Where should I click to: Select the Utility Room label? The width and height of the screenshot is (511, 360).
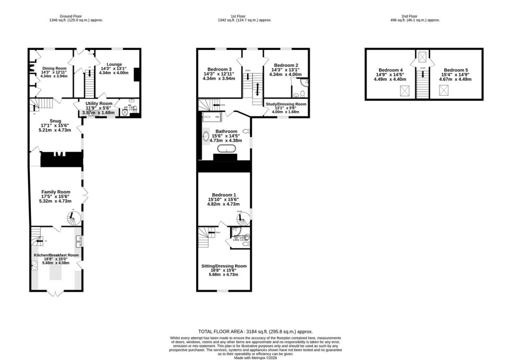[x=99, y=104]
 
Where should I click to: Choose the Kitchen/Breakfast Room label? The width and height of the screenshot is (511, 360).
[x=56, y=255]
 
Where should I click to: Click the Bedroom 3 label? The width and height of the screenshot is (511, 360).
[x=220, y=69]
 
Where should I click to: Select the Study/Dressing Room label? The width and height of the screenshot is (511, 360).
[x=286, y=104]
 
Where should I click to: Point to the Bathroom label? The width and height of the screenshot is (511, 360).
[x=227, y=131]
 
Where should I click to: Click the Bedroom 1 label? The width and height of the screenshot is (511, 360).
[x=223, y=195]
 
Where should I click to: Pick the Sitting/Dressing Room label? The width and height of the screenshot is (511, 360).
[x=224, y=266]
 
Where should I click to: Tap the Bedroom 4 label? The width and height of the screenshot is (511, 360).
[x=391, y=70]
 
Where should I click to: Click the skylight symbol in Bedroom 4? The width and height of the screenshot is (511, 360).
[x=404, y=91]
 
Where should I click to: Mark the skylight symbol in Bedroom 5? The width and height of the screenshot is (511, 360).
[x=444, y=91]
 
